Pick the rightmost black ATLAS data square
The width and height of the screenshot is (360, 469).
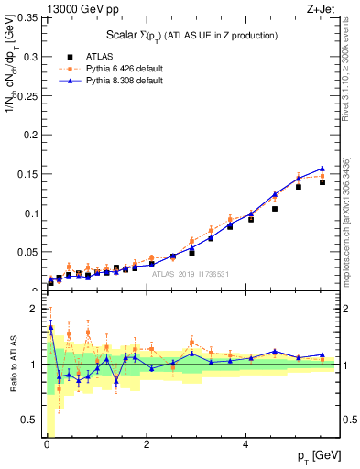[322, 182]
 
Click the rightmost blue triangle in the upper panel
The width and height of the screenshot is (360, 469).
[322, 169]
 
